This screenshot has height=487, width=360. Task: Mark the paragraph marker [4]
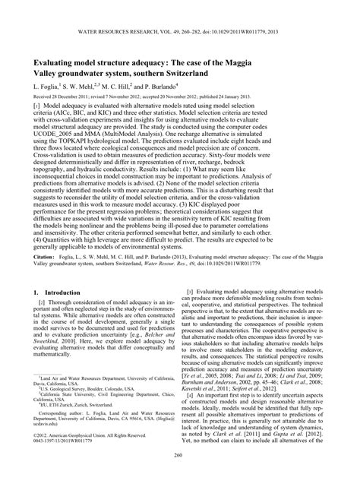coord(191,437)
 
